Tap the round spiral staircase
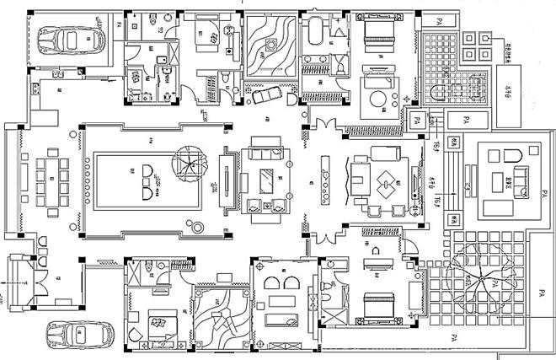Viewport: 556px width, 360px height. tap(187, 161)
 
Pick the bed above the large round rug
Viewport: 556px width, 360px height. tap(371, 38)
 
